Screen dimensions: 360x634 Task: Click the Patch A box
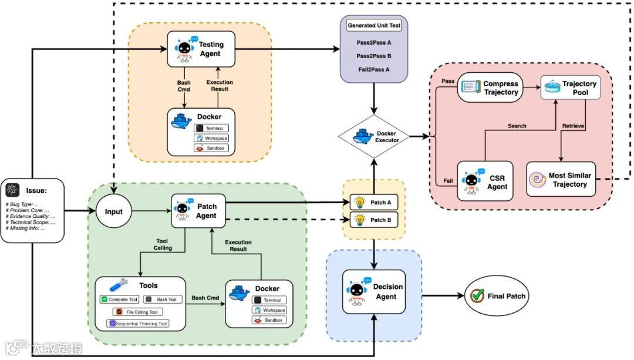375,203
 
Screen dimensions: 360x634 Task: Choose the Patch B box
375,221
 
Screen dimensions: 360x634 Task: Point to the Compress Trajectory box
490,88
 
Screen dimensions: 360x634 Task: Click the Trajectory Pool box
570,88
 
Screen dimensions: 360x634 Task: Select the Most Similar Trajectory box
561,180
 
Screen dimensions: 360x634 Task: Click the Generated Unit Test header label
374,25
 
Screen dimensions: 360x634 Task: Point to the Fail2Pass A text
374,69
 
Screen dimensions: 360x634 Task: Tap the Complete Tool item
119,300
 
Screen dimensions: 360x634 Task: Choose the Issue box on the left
35,211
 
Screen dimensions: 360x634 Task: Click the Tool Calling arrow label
163,245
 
